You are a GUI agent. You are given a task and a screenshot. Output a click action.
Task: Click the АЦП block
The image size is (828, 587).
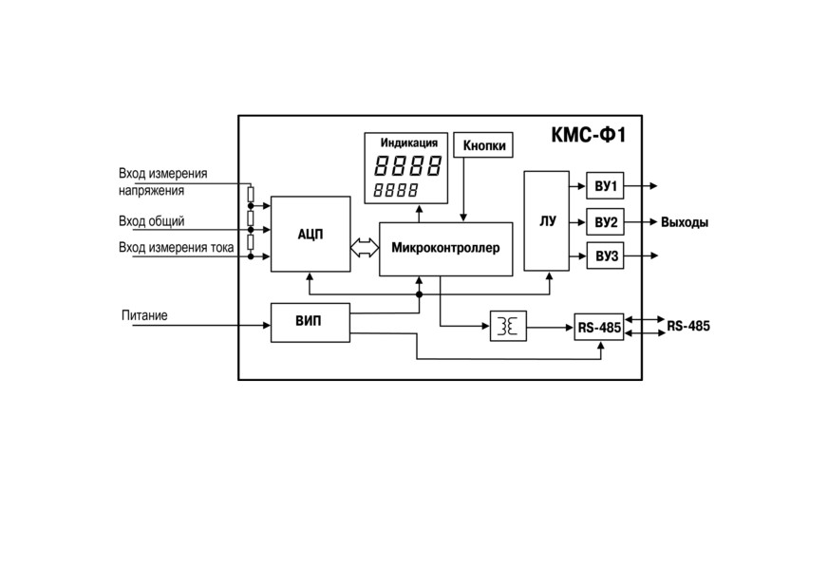pyautogui.click(x=310, y=234)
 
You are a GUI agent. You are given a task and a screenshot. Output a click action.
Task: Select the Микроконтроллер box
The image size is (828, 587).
pyautogui.click(x=445, y=249)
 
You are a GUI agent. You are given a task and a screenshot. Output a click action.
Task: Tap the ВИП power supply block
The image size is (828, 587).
pyautogui.click(x=310, y=322)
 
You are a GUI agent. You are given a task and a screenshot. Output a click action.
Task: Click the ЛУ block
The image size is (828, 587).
pyautogui.click(x=547, y=221)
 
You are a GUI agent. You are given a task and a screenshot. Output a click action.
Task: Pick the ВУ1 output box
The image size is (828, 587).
pyautogui.click(x=605, y=185)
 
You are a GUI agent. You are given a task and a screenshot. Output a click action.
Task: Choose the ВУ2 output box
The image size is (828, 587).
pyautogui.click(x=605, y=222)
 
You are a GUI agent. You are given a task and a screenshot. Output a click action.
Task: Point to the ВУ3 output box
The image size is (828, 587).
pyautogui.click(x=605, y=256)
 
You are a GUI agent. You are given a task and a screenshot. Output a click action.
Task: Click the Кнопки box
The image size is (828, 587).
pyautogui.click(x=483, y=144)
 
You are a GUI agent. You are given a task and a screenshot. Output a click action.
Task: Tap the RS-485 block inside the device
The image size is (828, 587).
pyautogui.click(x=599, y=327)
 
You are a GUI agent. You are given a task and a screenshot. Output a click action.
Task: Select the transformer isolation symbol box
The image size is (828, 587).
pyautogui.click(x=509, y=326)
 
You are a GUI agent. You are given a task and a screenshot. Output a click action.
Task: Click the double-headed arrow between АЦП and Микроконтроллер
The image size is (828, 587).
pyautogui.click(x=365, y=247)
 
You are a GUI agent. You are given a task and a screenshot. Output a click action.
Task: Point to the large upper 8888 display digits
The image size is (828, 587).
pyautogui.click(x=407, y=165)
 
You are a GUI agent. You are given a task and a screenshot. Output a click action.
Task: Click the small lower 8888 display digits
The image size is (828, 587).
pyautogui.click(x=396, y=190)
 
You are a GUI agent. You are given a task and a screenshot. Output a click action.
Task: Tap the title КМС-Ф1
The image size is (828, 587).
pyautogui.click(x=589, y=135)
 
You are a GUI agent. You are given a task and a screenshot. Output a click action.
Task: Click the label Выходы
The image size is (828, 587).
pyautogui.click(x=685, y=222)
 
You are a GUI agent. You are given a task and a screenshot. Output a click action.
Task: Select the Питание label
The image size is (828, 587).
pyautogui.click(x=144, y=315)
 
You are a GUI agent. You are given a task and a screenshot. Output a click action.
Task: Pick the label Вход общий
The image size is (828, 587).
pyautogui.click(x=152, y=221)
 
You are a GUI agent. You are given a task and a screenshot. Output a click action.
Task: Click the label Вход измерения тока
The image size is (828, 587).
pyautogui.click(x=176, y=247)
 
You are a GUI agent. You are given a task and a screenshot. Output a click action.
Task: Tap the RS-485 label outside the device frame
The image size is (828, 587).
pyautogui.click(x=688, y=326)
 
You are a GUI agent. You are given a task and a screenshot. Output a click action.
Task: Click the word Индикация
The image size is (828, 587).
pyautogui.click(x=409, y=142)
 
